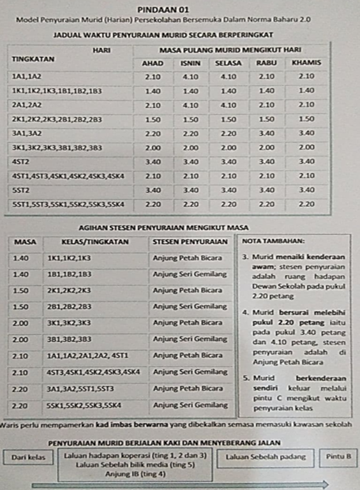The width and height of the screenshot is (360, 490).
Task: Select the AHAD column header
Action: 153,63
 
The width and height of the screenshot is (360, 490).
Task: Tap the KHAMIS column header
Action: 306,63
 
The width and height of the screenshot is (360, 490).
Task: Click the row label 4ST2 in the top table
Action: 22,161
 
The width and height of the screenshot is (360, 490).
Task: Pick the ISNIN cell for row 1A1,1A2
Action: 190,77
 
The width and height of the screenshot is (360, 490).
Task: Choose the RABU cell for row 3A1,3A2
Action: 267,133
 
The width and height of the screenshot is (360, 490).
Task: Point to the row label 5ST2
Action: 22,190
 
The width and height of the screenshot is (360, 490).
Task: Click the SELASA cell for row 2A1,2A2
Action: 228,105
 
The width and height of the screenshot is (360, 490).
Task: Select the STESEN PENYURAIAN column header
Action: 190,242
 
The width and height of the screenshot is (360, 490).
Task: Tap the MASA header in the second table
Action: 25,242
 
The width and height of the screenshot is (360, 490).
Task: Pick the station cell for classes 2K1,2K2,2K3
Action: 188,290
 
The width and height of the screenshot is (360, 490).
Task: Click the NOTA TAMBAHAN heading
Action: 274,242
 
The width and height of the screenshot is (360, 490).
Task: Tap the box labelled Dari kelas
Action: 28,457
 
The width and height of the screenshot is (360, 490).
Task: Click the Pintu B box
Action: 339,457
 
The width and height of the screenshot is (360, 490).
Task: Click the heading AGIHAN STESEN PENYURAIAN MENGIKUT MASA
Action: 163,227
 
